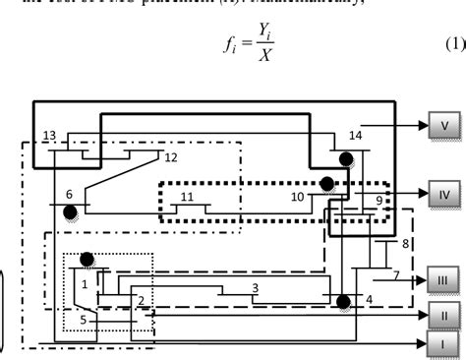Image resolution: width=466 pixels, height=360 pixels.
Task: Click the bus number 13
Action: pos(50,135)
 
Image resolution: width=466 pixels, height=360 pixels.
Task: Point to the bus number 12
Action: pos(171,156)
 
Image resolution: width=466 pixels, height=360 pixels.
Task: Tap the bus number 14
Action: pos(355,135)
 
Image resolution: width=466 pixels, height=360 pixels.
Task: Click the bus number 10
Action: pos(296,198)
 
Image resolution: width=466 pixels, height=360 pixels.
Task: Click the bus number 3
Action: pos(255,287)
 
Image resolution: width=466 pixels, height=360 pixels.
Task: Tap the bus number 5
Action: pos(84,319)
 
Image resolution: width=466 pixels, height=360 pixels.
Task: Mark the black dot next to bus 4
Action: pos(343,301)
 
